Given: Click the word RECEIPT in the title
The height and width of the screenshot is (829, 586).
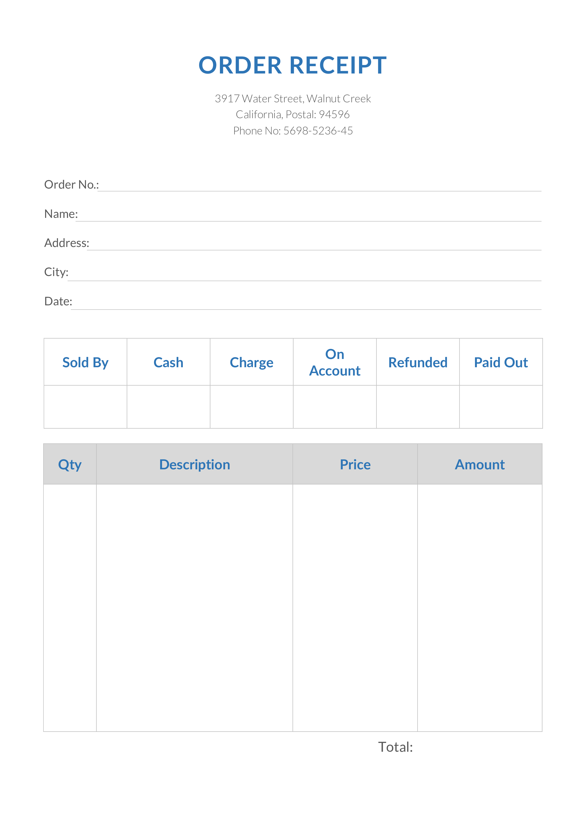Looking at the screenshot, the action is click(338, 65).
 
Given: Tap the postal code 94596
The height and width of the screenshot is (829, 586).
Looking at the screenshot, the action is click(334, 114).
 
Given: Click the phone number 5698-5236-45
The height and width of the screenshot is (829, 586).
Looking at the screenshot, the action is click(318, 131).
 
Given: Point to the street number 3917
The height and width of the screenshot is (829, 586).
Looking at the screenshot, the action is click(227, 99).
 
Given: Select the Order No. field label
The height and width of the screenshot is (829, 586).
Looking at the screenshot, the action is click(71, 185).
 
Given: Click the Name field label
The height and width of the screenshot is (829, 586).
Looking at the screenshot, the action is click(61, 214).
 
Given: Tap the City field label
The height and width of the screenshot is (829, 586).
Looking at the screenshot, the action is click(56, 272).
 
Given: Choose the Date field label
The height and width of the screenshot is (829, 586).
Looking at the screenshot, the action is click(58, 301).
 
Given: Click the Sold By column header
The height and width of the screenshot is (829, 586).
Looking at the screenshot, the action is click(85, 363).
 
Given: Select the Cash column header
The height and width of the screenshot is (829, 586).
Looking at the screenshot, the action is click(168, 363).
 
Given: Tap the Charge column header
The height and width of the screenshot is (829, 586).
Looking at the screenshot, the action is click(252, 363).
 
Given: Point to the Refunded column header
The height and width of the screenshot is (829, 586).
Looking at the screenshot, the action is click(418, 363).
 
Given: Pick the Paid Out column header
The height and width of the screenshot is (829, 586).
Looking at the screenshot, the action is click(501, 363).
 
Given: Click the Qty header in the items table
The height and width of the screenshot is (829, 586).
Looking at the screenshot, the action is click(70, 465).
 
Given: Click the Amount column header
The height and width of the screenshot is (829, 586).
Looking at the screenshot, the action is click(480, 465).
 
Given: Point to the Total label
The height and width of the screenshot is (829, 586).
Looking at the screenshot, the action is click(395, 747).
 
